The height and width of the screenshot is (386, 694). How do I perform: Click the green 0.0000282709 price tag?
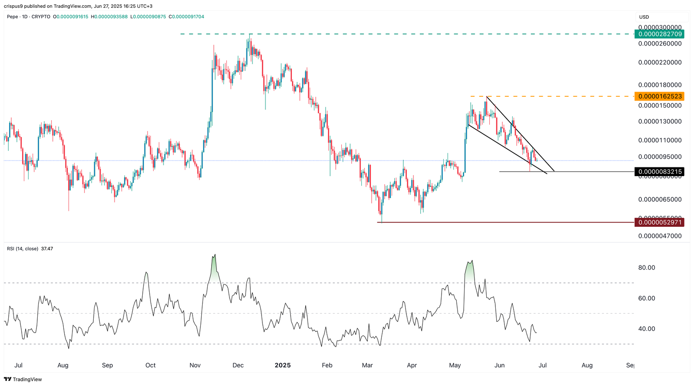click(660, 34)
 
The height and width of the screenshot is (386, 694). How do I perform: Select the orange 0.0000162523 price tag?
click(660, 96)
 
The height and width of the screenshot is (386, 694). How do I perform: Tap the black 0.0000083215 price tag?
click(660, 172)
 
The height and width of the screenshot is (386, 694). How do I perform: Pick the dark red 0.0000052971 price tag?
click(660, 222)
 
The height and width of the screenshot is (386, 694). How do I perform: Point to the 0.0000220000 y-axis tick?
click(660, 62)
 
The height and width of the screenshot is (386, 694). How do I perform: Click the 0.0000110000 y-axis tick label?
click(660, 140)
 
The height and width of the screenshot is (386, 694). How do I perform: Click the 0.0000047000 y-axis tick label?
click(660, 236)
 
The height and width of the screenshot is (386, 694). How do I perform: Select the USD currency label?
click(644, 17)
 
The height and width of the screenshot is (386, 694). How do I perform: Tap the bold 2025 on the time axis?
click(283, 365)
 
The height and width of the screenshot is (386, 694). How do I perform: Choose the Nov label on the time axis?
click(195, 365)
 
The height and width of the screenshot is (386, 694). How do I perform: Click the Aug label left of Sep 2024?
click(63, 365)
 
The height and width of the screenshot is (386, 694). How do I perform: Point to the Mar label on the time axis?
click(367, 365)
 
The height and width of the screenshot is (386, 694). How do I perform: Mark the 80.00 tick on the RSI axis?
click(646, 268)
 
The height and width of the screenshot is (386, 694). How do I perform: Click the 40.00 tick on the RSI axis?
click(646, 329)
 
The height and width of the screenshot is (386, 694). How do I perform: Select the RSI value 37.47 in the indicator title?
click(47, 249)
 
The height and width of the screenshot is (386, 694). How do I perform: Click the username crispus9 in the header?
click(14, 6)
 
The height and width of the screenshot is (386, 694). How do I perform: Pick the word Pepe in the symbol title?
click(13, 17)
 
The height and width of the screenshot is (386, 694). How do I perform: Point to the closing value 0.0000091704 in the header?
click(188, 17)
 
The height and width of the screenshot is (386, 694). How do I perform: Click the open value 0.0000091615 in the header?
click(72, 17)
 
